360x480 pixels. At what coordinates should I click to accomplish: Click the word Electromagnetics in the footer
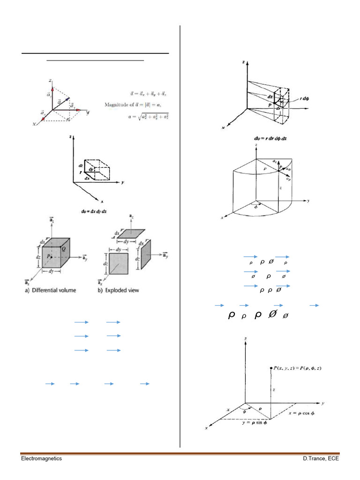coord(41,458)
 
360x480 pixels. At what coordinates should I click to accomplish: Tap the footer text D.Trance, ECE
coord(321,458)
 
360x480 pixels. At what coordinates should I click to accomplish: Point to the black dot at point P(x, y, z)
coord(271,368)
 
